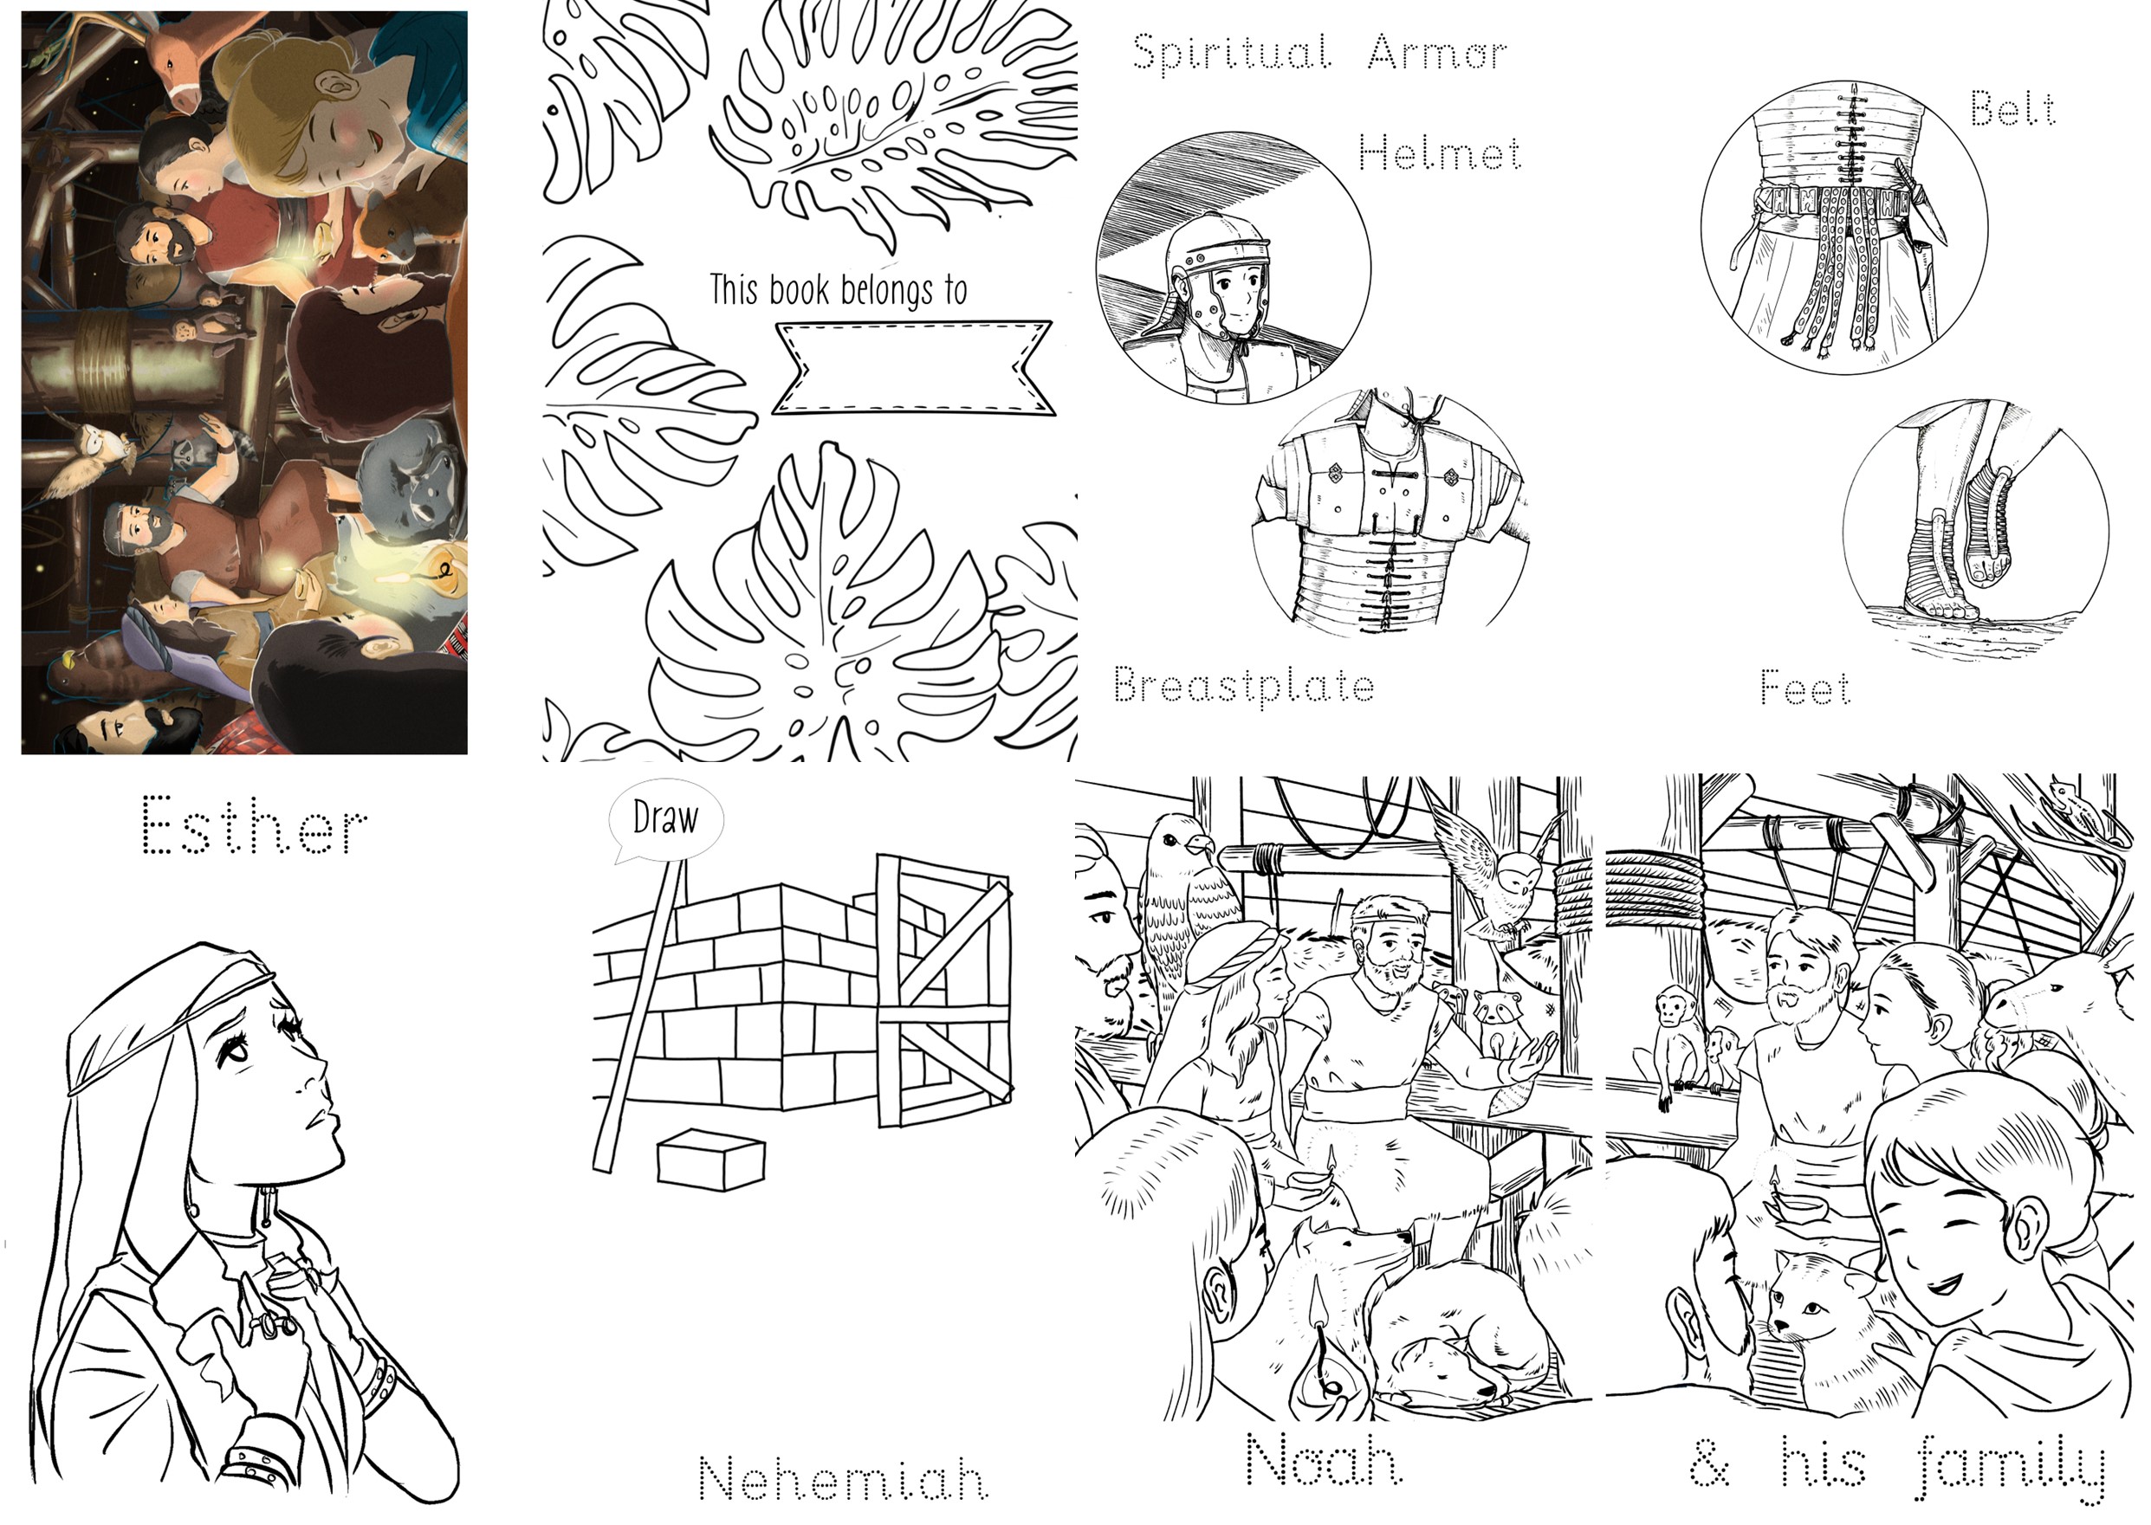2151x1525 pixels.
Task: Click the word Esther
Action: (x=254, y=826)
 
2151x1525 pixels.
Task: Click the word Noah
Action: (x=1324, y=1461)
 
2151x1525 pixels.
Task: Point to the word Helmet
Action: (x=1439, y=152)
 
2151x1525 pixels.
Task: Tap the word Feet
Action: (x=1804, y=688)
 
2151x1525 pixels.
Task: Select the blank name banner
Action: (x=912, y=367)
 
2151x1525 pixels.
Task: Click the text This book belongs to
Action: (x=838, y=290)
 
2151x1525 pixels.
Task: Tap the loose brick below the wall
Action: (x=710, y=1160)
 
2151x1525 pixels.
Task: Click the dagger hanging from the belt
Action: (x=1916, y=202)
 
